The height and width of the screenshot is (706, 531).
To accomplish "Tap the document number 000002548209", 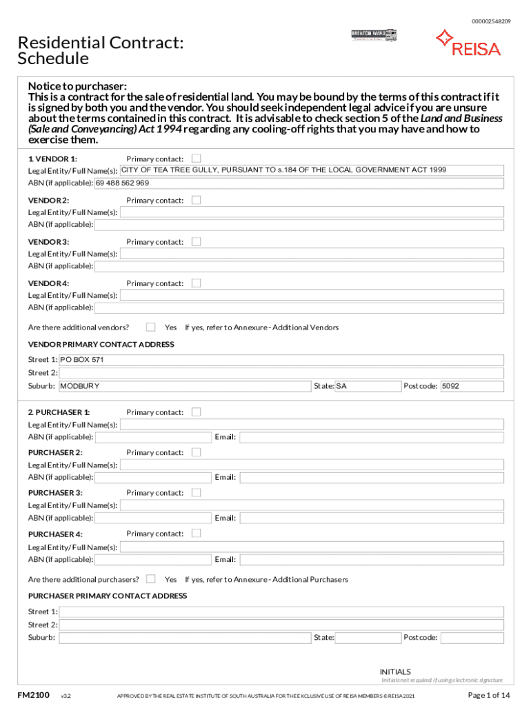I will (x=491, y=21).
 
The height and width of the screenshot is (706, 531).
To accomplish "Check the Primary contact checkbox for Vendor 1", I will (x=196, y=159).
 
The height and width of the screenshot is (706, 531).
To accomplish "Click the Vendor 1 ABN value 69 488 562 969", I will (x=123, y=183).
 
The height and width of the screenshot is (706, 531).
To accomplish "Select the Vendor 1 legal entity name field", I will (x=311, y=170).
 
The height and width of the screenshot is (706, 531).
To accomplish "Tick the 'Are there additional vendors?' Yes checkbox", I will (x=151, y=327).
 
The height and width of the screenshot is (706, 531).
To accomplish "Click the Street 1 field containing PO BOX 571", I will (x=281, y=360).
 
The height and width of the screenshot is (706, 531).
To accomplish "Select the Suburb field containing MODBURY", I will (x=184, y=386).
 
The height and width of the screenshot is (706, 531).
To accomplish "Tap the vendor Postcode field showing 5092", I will (x=472, y=386).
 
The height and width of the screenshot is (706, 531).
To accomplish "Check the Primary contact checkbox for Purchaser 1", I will (x=196, y=412).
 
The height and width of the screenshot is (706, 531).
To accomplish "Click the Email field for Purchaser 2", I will (x=371, y=477).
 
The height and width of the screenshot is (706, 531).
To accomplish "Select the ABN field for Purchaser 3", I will (x=152, y=518).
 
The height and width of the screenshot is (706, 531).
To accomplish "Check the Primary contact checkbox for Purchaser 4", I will (x=196, y=533).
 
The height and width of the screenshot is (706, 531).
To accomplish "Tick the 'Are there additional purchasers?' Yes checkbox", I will (x=151, y=579).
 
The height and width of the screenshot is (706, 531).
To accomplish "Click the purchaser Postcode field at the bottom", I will (x=472, y=638).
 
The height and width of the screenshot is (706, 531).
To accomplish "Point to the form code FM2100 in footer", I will (x=33, y=694).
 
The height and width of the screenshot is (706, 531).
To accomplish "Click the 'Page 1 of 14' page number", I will (x=489, y=694).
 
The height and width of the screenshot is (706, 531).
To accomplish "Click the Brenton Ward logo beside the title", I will (x=374, y=34).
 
